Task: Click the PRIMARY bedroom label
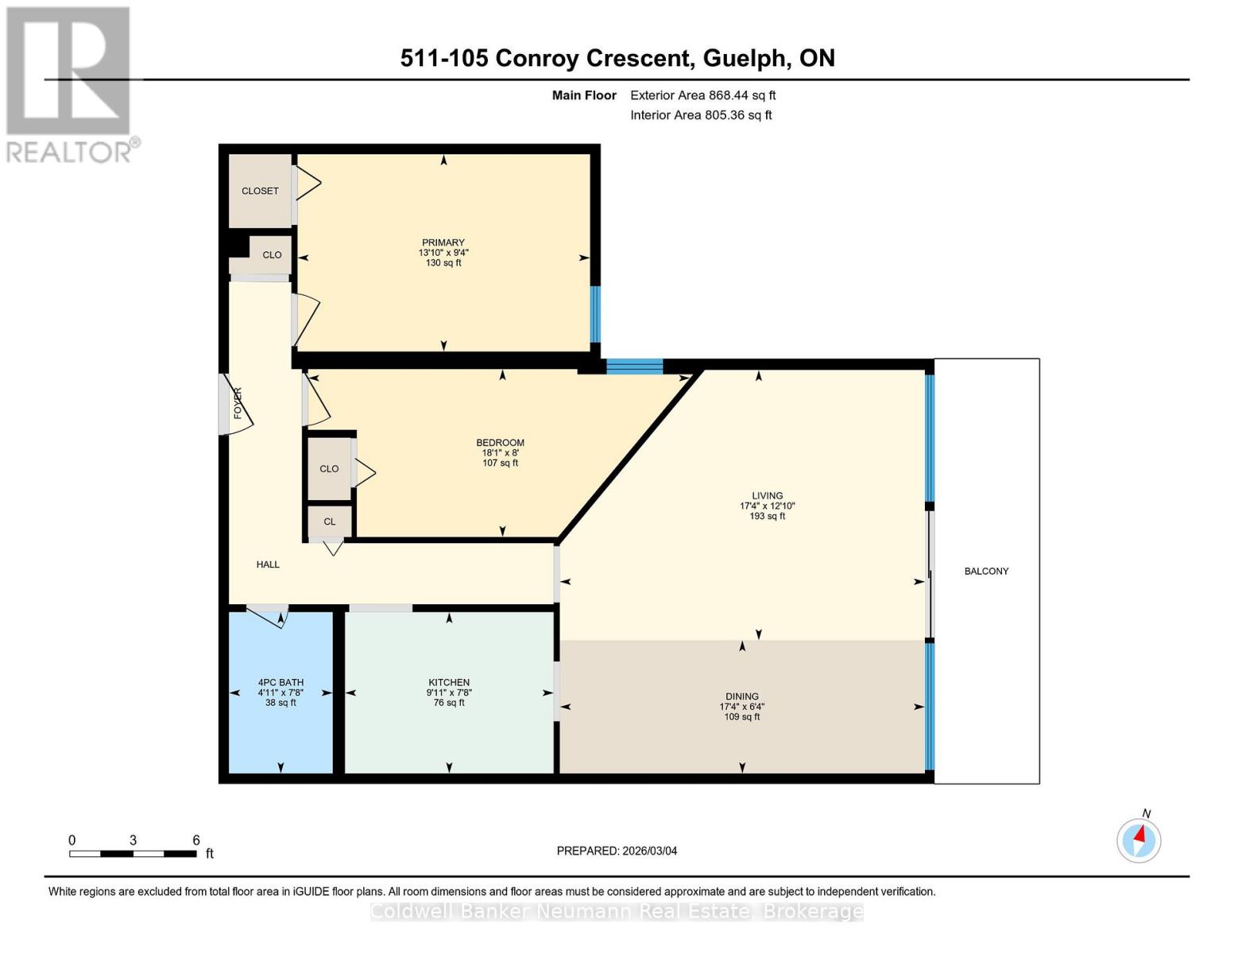(443, 242)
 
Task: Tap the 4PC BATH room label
(280, 682)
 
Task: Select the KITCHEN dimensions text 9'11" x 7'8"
(449, 692)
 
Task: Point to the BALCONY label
(986, 571)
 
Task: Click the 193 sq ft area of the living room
(767, 516)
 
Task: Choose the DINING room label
(741, 696)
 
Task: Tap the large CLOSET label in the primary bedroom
(260, 191)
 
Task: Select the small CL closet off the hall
(329, 522)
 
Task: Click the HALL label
(268, 564)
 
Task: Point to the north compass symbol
(1139, 840)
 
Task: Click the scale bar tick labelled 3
(133, 840)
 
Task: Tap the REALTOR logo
(70, 84)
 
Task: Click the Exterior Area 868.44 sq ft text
(702, 95)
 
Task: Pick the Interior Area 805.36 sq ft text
(701, 115)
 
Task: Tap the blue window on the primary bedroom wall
(595, 314)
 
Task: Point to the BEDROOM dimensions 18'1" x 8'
(500, 452)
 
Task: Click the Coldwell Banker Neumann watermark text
(617, 911)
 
